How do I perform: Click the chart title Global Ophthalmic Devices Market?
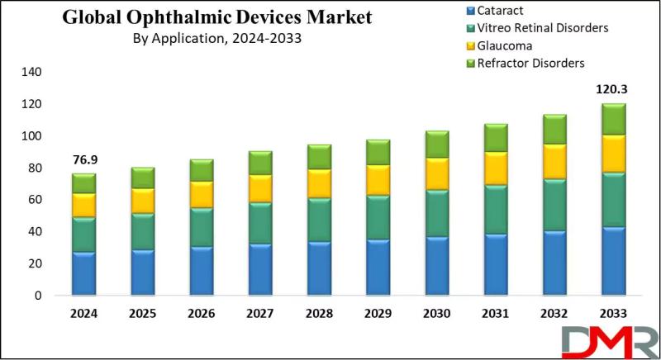click(218, 17)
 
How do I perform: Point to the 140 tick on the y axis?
click(31, 72)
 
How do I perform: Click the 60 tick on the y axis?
click(34, 200)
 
